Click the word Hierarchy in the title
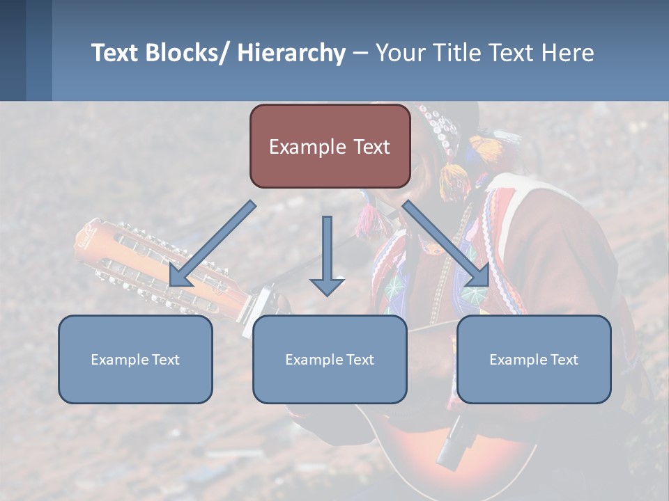[291, 53]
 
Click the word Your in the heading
[398, 53]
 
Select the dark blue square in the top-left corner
[13, 50]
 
